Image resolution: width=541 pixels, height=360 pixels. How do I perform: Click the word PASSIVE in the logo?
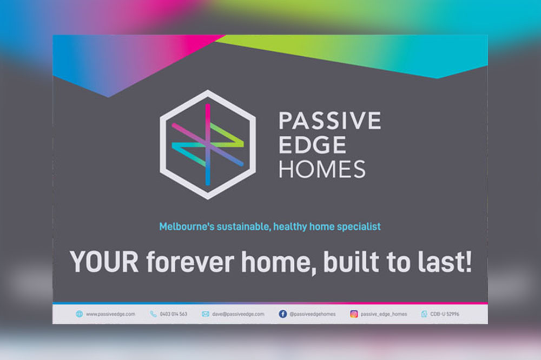(330, 121)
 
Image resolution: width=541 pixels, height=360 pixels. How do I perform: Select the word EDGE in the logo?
(312, 145)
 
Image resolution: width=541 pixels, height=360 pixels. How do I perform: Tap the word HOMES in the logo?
(322, 169)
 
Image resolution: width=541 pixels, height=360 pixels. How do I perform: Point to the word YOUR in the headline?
(104, 262)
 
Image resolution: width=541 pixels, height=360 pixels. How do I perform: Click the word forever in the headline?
(190, 262)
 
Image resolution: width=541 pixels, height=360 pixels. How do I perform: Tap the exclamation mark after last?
(468, 261)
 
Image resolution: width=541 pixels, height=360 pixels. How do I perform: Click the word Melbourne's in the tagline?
(187, 226)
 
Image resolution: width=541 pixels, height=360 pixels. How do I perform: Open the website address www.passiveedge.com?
(110, 314)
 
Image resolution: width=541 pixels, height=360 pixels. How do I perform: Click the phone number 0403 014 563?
(173, 314)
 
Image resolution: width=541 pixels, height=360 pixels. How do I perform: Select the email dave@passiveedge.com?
(238, 314)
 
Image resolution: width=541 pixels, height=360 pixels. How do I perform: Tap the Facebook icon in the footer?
(282, 314)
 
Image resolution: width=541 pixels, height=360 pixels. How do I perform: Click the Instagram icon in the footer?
(354, 314)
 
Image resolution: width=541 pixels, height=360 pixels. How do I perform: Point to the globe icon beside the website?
(80, 314)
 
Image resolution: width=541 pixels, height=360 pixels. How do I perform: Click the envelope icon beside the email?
(206, 314)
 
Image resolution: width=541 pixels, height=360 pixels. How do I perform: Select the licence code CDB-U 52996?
(444, 314)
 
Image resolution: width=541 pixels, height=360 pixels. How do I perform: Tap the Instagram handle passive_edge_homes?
(384, 314)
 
